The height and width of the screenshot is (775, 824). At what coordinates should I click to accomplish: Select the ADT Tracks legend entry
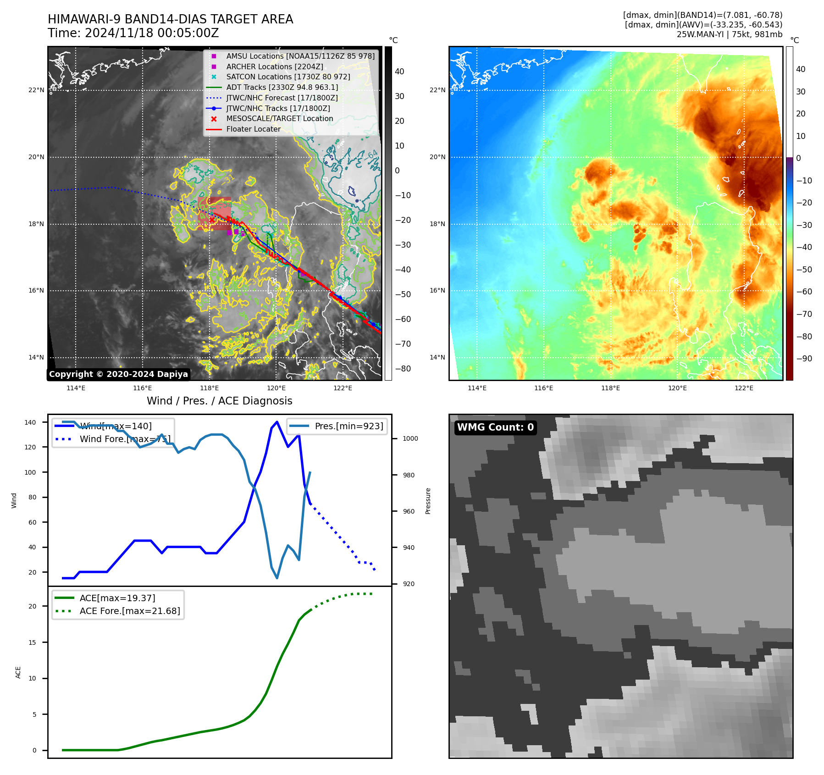point(282,87)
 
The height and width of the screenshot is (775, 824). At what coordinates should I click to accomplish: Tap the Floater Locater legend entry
point(253,129)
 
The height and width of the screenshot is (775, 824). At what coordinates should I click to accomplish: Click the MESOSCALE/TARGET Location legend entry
point(279,118)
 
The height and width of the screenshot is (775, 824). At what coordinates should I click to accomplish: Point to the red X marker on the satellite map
point(212,220)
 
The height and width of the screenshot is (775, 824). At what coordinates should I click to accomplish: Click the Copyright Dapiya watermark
point(118,374)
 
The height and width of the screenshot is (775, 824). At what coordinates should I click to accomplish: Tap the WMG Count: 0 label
point(495,427)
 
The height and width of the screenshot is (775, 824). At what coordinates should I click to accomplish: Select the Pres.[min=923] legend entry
point(348,426)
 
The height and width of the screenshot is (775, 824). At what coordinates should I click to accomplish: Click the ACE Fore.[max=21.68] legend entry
point(129,611)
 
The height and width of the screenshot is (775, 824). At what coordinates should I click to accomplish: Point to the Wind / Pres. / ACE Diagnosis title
point(219,401)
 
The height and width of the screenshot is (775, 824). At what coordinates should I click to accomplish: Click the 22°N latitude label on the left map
point(37,90)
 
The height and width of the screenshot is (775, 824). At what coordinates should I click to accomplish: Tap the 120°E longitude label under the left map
point(276,388)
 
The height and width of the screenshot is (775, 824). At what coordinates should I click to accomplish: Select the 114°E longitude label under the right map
point(477,388)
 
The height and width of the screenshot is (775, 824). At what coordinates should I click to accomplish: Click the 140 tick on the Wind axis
point(30,422)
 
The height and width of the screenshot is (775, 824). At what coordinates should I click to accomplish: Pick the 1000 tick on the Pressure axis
point(410,438)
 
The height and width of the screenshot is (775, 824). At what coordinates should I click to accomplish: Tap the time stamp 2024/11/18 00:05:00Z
point(151,33)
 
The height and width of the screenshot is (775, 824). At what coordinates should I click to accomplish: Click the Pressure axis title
point(428,501)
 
